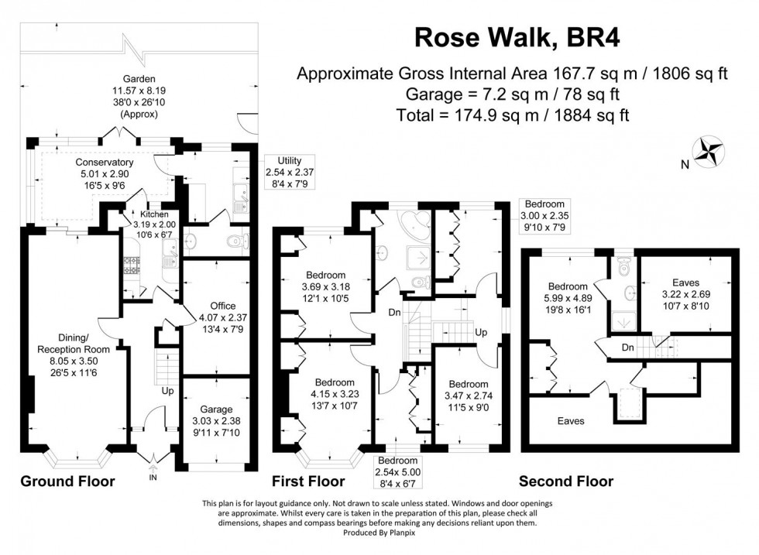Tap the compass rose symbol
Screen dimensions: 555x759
click(709, 152)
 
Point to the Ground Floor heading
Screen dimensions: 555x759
click(67, 481)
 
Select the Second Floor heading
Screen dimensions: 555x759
click(565, 481)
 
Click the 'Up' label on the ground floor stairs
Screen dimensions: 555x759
click(167, 390)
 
